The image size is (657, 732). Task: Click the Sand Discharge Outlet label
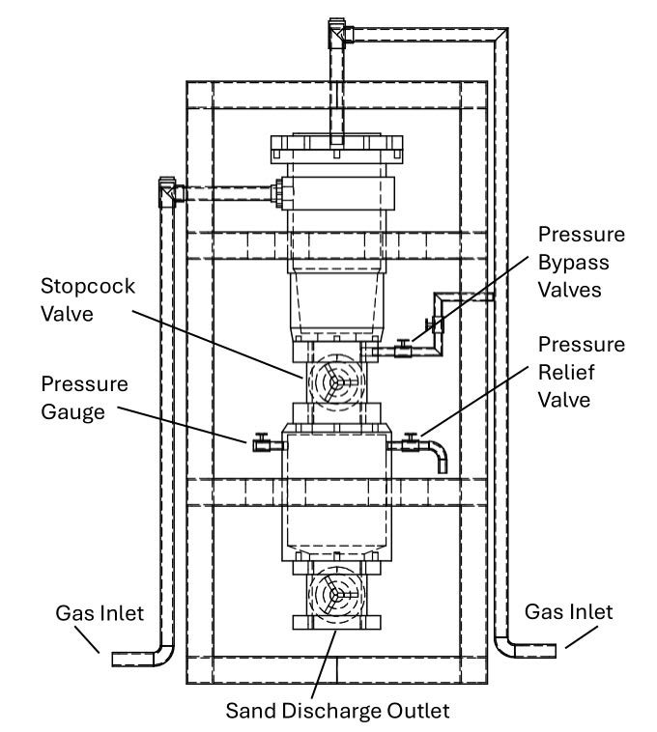pos(337,713)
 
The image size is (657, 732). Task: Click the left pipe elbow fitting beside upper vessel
pos(168,191)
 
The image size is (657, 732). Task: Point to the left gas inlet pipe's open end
pos(116,659)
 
